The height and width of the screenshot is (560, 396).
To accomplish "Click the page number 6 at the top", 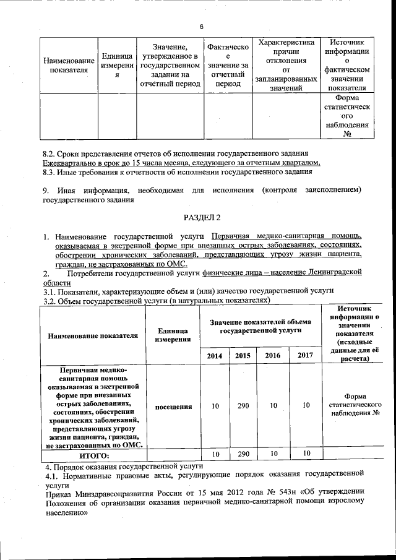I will click(202, 26).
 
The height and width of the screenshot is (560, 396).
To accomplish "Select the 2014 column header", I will click(215, 355).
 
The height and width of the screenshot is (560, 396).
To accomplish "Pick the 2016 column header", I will click(272, 355).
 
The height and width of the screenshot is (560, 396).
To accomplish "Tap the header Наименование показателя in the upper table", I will click(69, 65).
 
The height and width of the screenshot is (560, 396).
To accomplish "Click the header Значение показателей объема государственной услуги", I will click(260, 327).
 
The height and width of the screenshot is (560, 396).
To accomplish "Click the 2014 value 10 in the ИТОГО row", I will click(215, 454).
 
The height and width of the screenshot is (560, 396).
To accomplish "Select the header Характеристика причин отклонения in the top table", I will click(286, 65).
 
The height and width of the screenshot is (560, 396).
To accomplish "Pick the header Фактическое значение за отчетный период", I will click(228, 65).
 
